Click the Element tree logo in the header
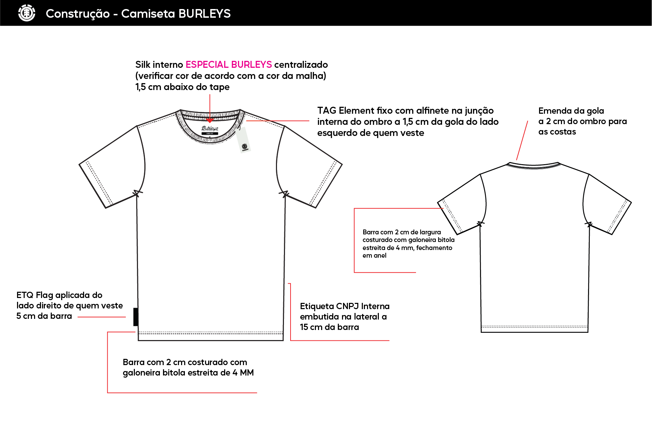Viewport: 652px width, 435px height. pyautogui.click(x=27, y=13)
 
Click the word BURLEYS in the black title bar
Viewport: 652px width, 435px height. pyautogui.click(x=205, y=14)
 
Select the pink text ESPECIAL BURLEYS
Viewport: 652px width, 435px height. pyautogui.click(x=229, y=65)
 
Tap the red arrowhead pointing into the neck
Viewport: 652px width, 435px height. pyautogui.click(x=210, y=120)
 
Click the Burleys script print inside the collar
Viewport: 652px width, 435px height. pyautogui.click(x=210, y=128)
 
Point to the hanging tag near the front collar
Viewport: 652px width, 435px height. pyautogui.click(x=243, y=140)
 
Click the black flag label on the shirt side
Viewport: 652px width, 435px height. pyautogui.click(x=136, y=317)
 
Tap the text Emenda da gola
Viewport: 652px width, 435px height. pyautogui.click(x=571, y=111)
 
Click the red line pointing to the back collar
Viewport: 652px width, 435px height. pyautogui.click(x=522, y=140)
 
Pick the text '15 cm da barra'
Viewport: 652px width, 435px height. pyautogui.click(x=329, y=327)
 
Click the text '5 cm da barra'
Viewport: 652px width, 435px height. pyautogui.click(x=44, y=316)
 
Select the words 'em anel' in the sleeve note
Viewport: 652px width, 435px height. pyautogui.click(x=374, y=256)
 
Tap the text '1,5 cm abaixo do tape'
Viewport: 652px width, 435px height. pyautogui.click(x=182, y=87)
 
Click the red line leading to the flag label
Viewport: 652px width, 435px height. pyautogui.click(x=101, y=317)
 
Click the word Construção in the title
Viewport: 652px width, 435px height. pyautogui.click(x=78, y=14)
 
